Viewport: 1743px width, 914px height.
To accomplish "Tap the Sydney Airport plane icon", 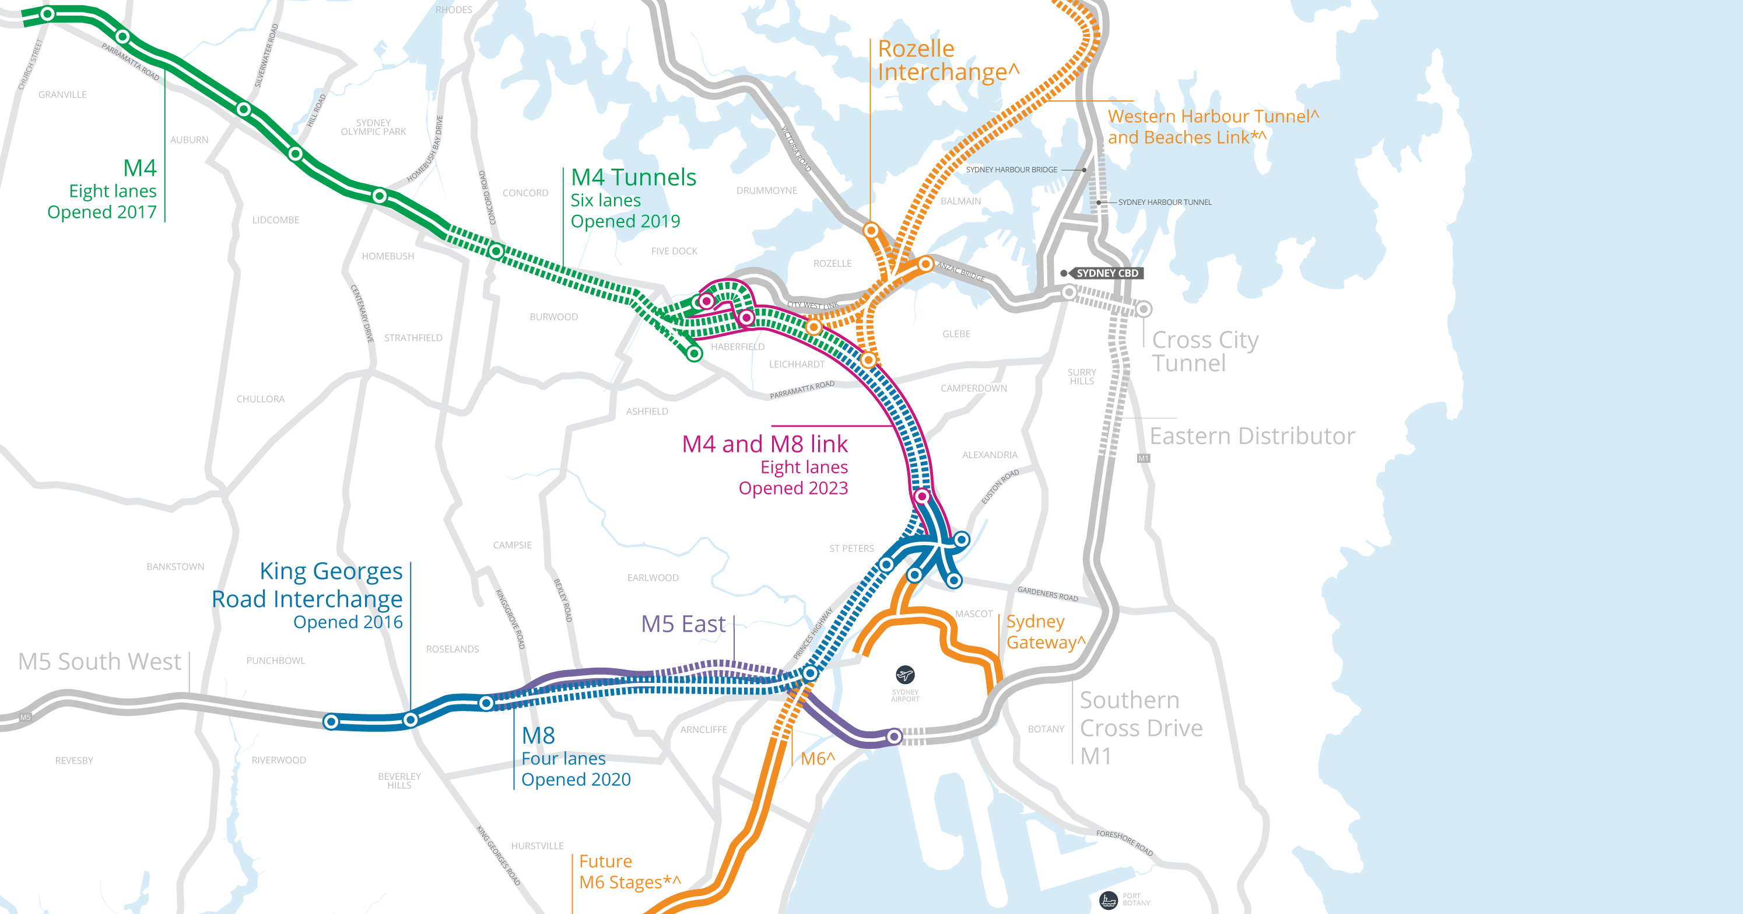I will (x=904, y=675).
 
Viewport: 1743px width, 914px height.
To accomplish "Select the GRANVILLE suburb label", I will (x=62, y=95).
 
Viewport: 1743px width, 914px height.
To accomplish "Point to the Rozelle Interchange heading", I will (x=947, y=60).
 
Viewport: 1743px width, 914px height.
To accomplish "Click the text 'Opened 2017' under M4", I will (x=101, y=212).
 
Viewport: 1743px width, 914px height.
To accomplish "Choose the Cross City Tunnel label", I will (x=1204, y=351).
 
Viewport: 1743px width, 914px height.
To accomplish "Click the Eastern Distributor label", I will (x=1252, y=436).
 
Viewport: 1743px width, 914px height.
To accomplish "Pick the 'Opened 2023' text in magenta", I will (x=793, y=488).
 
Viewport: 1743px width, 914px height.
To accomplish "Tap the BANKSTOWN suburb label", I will (x=176, y=567).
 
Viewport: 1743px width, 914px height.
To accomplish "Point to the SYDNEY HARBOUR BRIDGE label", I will (x=1011, y=170).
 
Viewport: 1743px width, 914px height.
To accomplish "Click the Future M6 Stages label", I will (x=629, y=872).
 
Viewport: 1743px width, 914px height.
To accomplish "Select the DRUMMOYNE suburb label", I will (x=767, y=191).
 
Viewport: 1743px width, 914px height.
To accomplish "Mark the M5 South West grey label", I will (x=100, y=661).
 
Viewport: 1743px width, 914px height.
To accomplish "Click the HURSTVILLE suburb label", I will (x=537, y=846).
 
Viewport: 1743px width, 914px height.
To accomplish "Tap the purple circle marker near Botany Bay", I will (x=894, y=736).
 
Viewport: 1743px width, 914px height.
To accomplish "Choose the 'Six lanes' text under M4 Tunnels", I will (x=605, y=200).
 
